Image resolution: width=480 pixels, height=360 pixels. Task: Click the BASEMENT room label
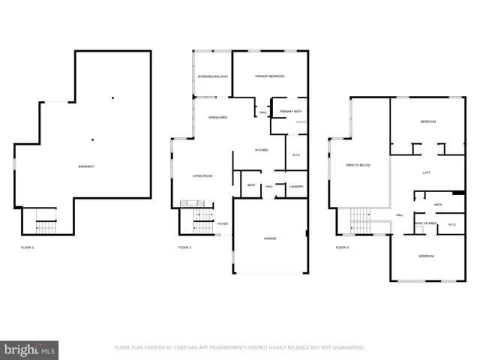click(x=86, y=166)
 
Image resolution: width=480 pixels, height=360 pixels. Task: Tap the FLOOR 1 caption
click(x=28, y=247)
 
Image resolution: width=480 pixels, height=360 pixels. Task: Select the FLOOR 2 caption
click(x=184, y=247)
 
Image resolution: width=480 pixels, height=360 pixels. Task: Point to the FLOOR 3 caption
click(x=342, y=247)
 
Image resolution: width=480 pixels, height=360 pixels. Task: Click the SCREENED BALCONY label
click(x=212, y=76)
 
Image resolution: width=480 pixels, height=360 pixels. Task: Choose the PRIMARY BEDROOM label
click(x=270, y=76)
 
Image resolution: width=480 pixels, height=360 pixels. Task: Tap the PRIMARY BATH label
click(x=290, y=112)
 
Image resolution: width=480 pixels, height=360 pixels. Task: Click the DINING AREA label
click(x=218, y=117)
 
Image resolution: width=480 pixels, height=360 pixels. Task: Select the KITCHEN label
click(x=261, y=150)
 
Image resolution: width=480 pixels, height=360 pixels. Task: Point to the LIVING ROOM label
click(x=202, y=175)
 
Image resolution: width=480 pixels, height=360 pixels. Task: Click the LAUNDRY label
click(x=296, y=186)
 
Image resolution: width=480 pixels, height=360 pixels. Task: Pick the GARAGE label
click(x=270, y=238)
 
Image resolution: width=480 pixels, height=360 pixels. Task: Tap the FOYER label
click(x=223, y=223)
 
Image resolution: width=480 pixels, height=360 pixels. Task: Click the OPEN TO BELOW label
click(x=358, y=165)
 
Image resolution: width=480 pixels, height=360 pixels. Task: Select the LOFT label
click(x=426, y=172)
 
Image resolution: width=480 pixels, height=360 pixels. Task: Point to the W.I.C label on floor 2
click(x=296, y=155)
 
